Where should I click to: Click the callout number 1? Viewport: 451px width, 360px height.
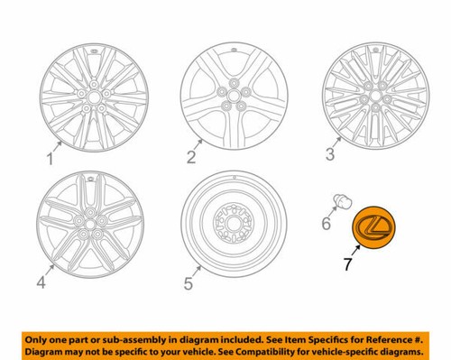[51, 160]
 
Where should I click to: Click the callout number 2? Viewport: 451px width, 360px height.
[191, 158]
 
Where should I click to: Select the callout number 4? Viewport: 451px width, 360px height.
[41, 284]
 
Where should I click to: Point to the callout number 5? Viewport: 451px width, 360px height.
[188, 284]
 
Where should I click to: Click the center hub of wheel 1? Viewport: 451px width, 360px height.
[90, 97]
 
